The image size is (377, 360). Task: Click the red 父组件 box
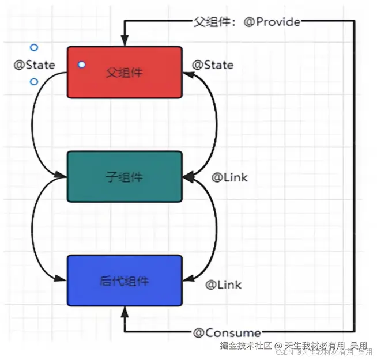[x=125, y=72]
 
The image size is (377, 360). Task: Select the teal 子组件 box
[x=125, y=177]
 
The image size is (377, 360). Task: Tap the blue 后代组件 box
[x=125, y=281]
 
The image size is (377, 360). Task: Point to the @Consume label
[x=227, y=332]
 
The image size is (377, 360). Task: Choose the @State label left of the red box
[x=35, y=65]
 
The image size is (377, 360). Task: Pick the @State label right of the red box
[x=213, y=65]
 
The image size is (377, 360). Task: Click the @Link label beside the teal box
[x=229, y=177]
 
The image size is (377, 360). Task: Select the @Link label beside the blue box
[x=224, y=285]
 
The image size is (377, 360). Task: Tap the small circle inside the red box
[x=82, y=65]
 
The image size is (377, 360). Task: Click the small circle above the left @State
[x=34, y=47]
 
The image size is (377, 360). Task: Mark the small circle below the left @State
[x=34, y=82]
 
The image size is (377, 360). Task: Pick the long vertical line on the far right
[x=354, y=173]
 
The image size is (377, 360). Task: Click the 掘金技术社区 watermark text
[x=246, y=346]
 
